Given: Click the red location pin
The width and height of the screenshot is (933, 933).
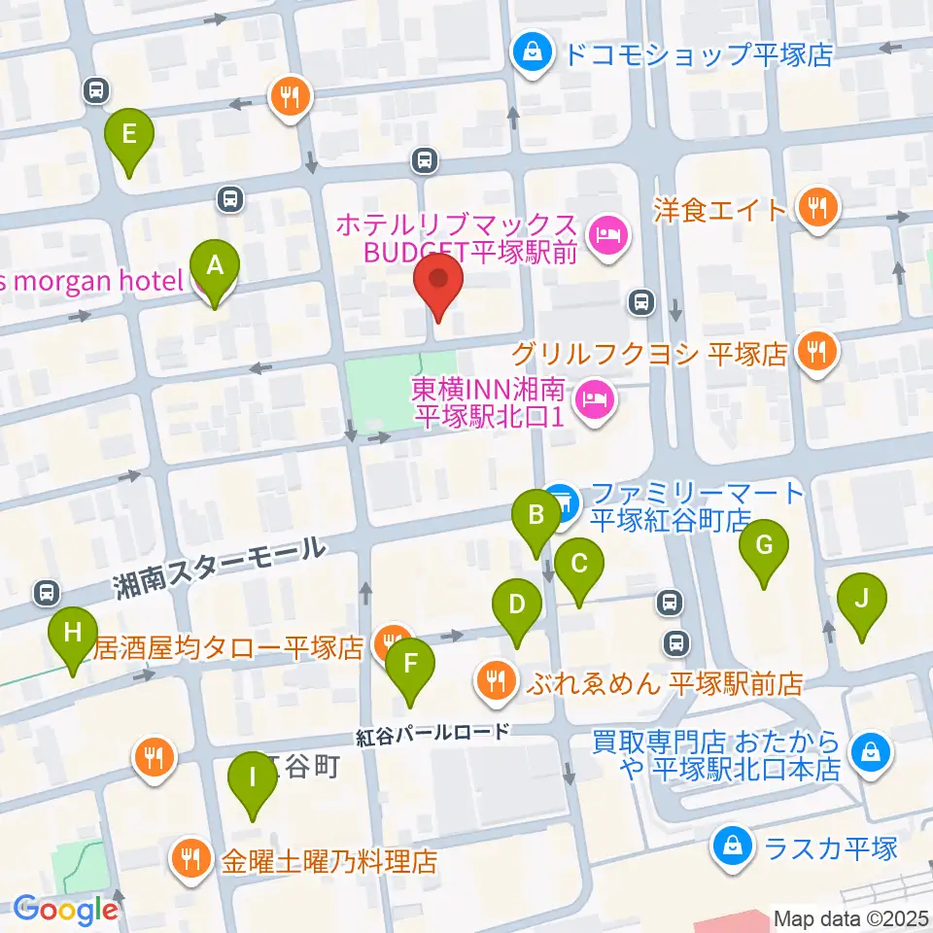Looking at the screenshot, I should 438,281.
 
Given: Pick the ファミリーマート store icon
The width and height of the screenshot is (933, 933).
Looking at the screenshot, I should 562,502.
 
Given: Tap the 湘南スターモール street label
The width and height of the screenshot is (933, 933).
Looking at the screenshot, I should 218,568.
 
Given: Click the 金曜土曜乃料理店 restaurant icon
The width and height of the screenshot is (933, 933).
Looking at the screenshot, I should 187,859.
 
